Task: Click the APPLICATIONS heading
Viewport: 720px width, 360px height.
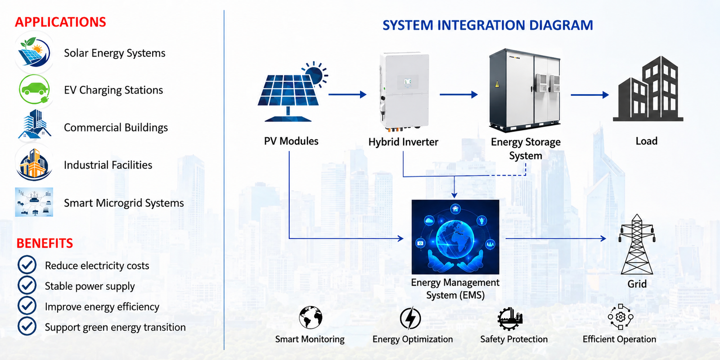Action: click(x=60, y=22)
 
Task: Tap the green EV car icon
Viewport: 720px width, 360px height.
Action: click(x=34, y=90)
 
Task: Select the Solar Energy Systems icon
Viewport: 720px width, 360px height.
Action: click(x=34, y=52)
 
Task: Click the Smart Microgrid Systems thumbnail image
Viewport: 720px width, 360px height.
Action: click(x=34, y=202)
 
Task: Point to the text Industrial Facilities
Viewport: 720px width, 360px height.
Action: click(x=108, y=165)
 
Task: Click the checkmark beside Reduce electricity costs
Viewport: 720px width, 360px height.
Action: click(x=27, y=265)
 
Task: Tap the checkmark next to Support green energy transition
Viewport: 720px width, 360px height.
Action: click(x=27, y=326)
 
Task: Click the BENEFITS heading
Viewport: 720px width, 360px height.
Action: click(x=45, y=243)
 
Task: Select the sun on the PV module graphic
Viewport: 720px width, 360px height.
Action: click(x=315, y=75)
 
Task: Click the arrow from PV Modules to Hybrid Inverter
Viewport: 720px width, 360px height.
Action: click(x=347, y=94)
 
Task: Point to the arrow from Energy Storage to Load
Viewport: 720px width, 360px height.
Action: click(x=590, y=95)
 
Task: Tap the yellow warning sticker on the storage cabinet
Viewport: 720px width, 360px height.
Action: click(x=497, y=84)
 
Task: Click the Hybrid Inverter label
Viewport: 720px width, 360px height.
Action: click(x=403, y=142)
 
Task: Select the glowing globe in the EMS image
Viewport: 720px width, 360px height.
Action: click(x=454, y=238)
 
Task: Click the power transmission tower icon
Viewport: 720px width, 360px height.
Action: click(x=637, y=244)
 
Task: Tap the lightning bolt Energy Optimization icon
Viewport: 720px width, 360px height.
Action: click(x=410, y=318)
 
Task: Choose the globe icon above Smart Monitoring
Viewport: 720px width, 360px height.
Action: click(x=310, y=317)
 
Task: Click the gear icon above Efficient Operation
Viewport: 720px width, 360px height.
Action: click(x=621, y=317)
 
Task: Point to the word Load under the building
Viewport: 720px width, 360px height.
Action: click(x=646, y=141)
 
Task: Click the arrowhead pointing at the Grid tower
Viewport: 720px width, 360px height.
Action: click(x=603, y=238)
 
